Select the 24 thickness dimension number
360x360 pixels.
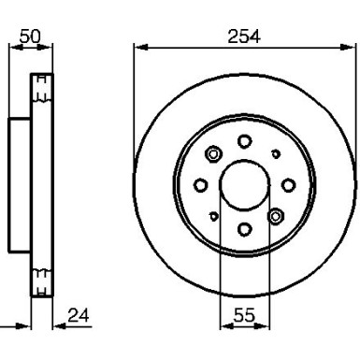(80, 318)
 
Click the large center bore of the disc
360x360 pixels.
(244, 184)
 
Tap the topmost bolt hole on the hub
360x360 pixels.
(244, 141)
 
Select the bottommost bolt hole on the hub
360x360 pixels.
(244, 228)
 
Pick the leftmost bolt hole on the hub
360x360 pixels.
(200, 185)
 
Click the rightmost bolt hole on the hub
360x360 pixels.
(288, 185)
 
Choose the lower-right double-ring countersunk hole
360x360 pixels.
(275, 215)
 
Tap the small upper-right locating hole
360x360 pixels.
(275, 153)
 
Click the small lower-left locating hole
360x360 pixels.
(214, 216)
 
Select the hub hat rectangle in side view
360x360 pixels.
(21, 185)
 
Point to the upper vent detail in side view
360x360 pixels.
(41, 92)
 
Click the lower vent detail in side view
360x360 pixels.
(41, 277)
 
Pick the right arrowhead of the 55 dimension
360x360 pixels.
(266, 329)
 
